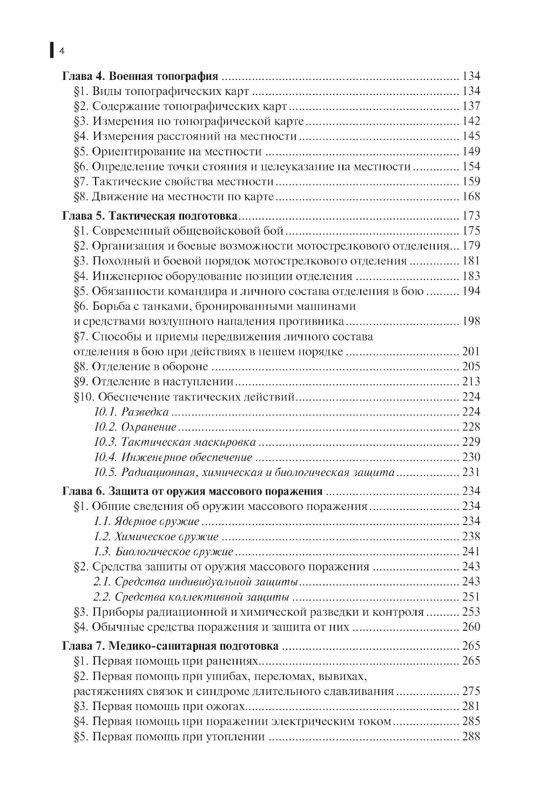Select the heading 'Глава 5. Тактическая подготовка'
click(150, 216)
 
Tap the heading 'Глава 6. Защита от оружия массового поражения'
click(192, 492)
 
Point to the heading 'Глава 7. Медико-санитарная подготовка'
click(170, 646)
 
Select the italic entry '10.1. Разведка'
click(131, 412)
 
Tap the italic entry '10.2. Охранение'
click(135, 427)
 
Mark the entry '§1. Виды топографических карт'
click(161, 91)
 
